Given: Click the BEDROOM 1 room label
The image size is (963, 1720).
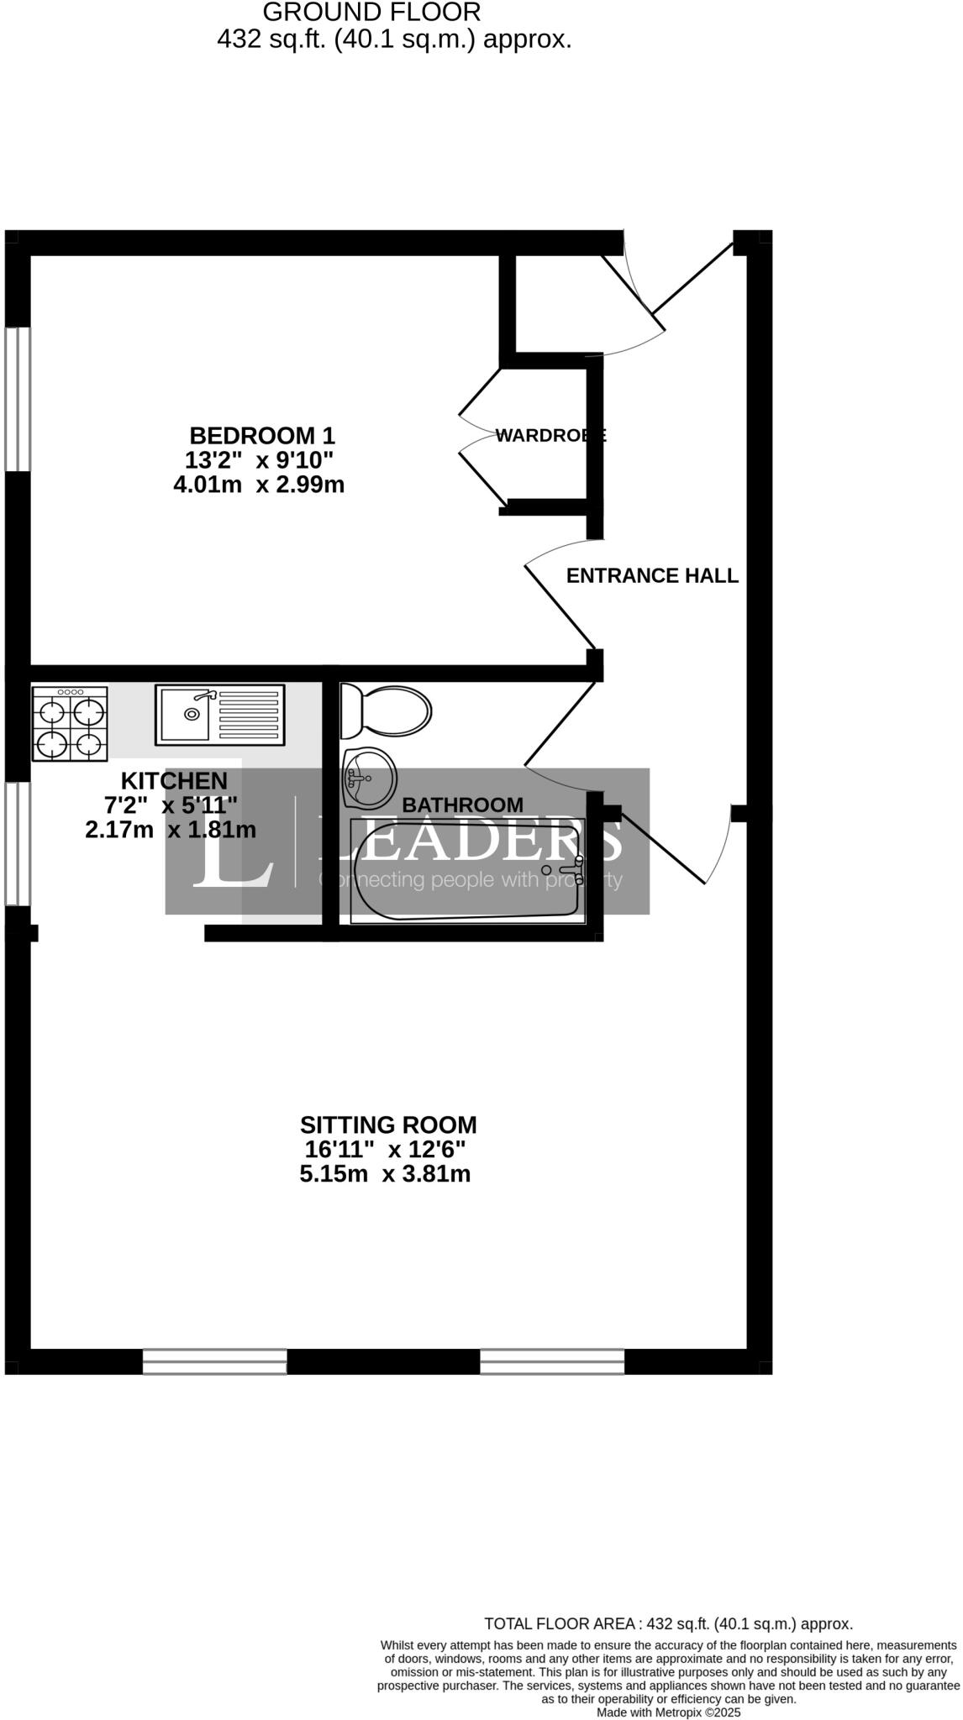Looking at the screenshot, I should click(x=261, y=436).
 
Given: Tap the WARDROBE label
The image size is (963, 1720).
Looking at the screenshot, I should click(x=550, y=435).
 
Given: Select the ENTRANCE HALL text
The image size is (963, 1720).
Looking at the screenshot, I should click(x=652, y=575).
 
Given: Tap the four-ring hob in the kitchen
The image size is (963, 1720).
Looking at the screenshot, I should click(x=70, y=723).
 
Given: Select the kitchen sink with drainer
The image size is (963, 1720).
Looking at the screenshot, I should click(x=220, y=715).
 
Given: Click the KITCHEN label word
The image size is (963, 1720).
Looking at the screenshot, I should click(x=174, y=780).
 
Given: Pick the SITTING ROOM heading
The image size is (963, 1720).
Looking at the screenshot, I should click(x=388, y=1125).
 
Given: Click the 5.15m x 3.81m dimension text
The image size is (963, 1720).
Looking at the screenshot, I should click(x=385, y=1173).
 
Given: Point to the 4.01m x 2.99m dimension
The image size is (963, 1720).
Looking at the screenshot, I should click(x=259, y=485).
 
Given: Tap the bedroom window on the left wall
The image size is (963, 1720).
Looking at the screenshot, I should click(x=17, y=399).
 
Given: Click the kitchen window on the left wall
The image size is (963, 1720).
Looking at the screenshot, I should click(x=17, y=843).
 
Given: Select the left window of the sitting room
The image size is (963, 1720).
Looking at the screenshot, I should click(x=214, y=1361).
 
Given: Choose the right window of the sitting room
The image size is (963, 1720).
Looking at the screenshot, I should click(x=552, y=1361).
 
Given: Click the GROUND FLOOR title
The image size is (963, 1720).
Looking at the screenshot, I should click(x=371, y=12).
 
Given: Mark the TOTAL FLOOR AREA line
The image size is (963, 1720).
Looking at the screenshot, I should click(x=668, y=1623).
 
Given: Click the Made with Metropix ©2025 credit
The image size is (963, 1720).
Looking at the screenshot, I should click(x=668, y=1712).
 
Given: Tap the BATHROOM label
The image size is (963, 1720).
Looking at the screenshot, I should click(x=462, y=805).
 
